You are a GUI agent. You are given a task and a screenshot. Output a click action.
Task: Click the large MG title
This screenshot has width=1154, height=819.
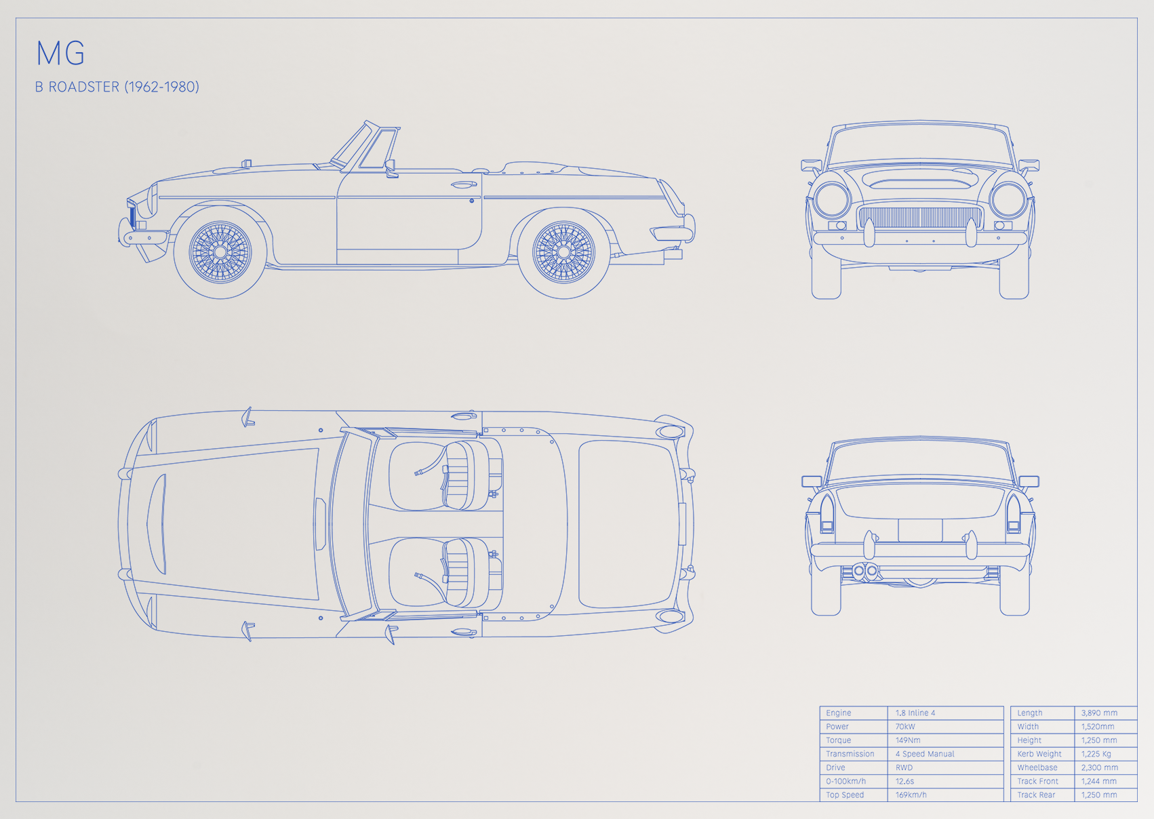pyautogui.click(x=60, y=53)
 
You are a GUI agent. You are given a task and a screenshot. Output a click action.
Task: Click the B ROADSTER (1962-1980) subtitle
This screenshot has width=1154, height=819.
pyautogui.click(x=117, y=87)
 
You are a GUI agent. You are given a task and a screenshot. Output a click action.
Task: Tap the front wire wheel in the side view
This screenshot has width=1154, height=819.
pyautogui.click(x=220, y=252)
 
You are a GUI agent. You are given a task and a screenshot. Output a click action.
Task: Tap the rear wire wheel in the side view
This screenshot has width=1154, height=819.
pyautogui.click(x=563, y=252)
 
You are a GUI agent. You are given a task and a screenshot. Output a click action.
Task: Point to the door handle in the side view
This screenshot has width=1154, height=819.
pyautogui.click(x=464, y=184)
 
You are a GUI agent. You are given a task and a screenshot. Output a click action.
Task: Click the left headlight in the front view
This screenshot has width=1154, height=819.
pyautogui.click(x=832, y=200)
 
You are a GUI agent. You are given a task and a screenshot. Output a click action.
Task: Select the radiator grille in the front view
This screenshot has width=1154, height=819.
pyautogui.click(x=920, y=218)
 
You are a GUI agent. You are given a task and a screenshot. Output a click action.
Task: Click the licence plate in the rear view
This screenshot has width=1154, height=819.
pyautogui.click(x=920, y=530)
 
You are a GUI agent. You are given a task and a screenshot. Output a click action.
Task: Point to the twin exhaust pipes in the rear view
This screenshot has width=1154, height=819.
pyautogui.click(x=865, y=571)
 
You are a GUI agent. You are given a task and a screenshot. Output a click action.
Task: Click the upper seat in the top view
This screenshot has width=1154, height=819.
pyautogui.click(x=445, y=476)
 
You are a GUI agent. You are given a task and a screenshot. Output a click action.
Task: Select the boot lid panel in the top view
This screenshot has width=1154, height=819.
pyautogui.click(x=628, y=524)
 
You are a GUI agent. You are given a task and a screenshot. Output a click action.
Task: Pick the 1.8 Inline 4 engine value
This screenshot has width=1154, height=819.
pyautogui.click(x=915, y=713)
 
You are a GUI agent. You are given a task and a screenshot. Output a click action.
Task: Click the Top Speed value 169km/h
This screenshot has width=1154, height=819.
pyautogui.click(x=911, y=795)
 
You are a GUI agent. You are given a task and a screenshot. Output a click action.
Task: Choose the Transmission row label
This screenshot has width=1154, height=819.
pyautogui.click(x=850, y=754)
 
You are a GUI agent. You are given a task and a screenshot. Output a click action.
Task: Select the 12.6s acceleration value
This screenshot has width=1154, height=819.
pyautogui.click(x=904, y=781)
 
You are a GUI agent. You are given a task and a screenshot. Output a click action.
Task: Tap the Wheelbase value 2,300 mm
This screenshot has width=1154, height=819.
pyautogui.click(x=1099, y=767)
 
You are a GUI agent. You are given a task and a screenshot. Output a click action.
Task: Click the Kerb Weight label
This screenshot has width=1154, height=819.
pyautogui.click(x=1039, y=754)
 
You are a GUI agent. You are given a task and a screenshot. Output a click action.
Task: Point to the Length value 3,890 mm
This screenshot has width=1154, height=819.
pyautogui.click(x=1099, y=713)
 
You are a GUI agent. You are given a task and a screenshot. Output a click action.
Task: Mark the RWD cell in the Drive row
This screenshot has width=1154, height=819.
pyautogui.click(x=904, y=767)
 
